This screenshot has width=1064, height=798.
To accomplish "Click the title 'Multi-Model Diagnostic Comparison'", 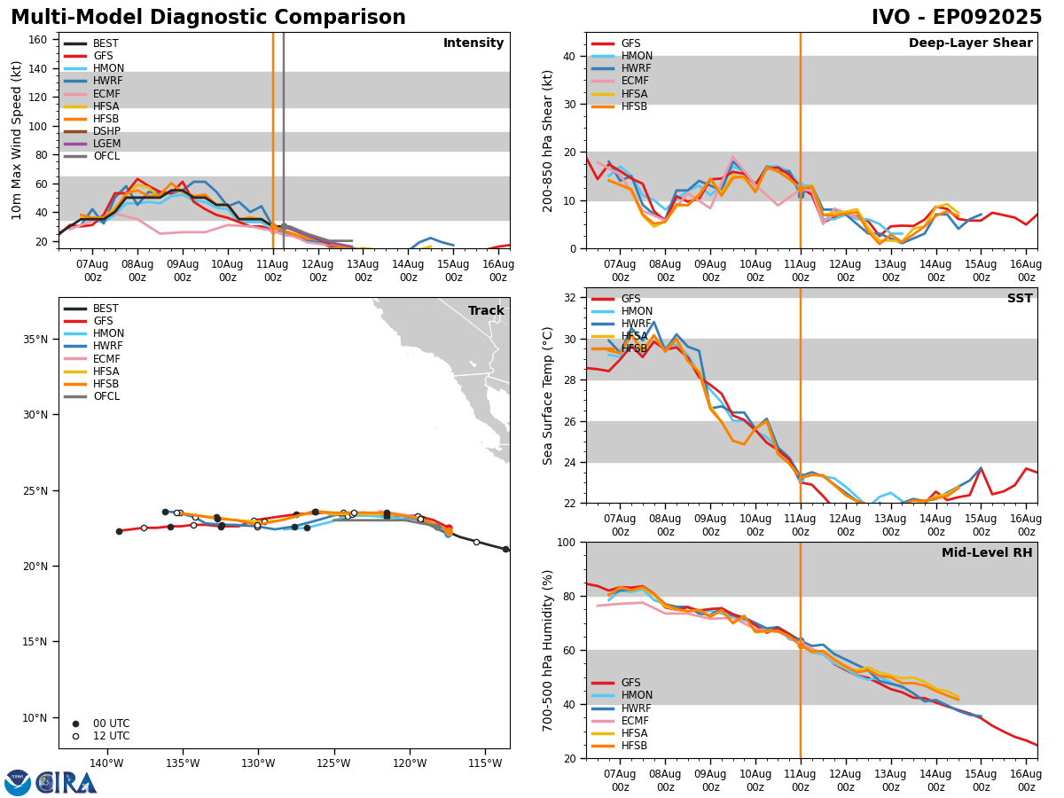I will tap(207, 18).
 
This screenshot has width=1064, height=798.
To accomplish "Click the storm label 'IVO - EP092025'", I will tap(956, 18).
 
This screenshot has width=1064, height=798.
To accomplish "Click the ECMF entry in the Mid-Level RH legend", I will tap(636, 721).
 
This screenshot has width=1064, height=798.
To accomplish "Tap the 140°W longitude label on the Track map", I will tap(106, 763).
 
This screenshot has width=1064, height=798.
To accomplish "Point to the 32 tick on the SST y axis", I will tap(572, 298).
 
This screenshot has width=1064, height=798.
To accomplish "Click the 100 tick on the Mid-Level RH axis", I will tap(568, 542).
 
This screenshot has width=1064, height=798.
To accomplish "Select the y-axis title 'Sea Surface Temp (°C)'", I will tap(549, 395).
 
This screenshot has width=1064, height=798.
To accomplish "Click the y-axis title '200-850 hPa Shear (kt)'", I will tap(549, 140).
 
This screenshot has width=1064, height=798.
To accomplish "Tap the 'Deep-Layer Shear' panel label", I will tap(970, 43).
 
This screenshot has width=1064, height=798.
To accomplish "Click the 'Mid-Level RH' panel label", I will tap(986, 553).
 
